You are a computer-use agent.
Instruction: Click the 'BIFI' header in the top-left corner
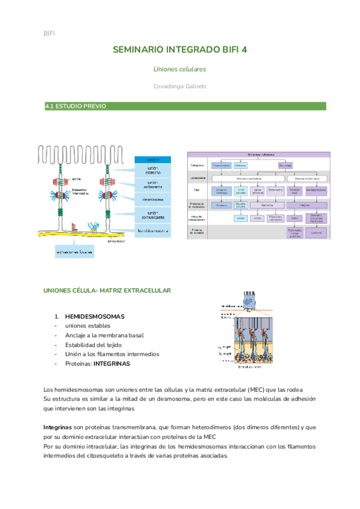pyautogui.click(x=49, y=33)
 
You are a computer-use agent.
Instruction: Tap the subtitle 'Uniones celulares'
pyautogui.click(x=180, y=69)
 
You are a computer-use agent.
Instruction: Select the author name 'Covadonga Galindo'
pyautogui.click(x=180, y=86)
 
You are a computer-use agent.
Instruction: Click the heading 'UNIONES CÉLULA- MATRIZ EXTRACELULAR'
pyautogui.click(x=107, y=291)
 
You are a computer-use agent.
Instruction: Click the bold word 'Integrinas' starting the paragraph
pyautogui.click(x=58, y=427)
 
